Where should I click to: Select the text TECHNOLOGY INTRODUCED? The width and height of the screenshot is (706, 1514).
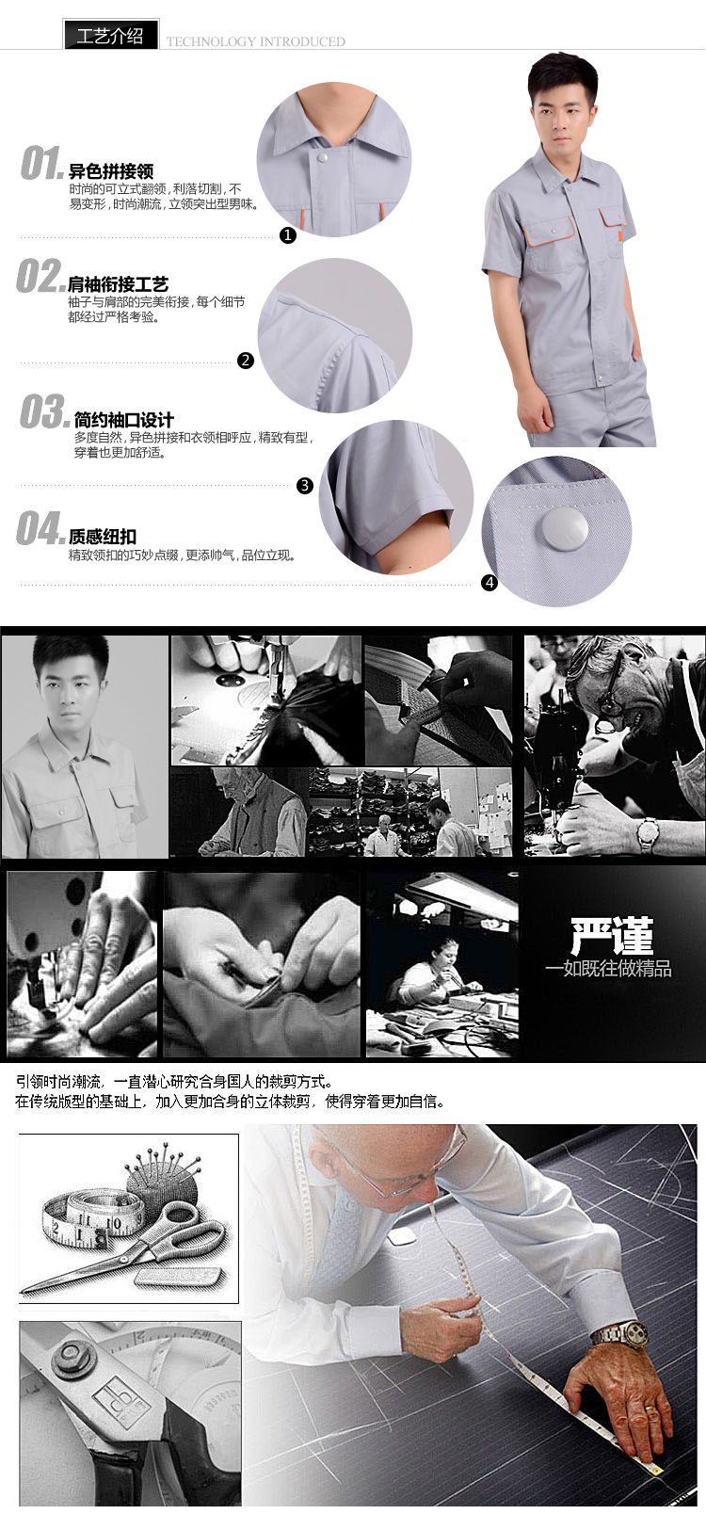[255, 42]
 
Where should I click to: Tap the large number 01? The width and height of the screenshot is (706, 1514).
[41, 163]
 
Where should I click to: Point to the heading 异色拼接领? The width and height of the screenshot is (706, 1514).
[111, 171]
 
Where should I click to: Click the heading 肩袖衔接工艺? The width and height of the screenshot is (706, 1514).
[118, 284]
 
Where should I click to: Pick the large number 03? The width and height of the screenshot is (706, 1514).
[44, 411]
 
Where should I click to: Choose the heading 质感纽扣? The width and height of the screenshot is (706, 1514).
[102, 537]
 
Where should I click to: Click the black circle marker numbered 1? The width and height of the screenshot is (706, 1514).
[288, 235]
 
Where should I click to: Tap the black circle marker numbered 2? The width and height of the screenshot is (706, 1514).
[246, 361]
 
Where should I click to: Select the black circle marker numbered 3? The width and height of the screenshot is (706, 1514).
[305, 485]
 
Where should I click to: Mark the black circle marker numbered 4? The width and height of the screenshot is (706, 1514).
[489, 583]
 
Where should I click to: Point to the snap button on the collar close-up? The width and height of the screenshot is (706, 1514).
[322, 157]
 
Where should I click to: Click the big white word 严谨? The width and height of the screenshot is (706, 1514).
[612, 936]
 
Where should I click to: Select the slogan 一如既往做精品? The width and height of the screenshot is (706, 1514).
[608, 969]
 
